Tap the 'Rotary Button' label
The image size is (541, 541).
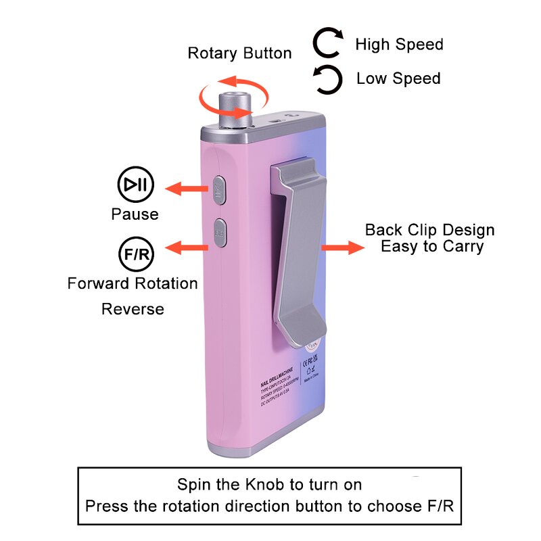click(x=239, y=53)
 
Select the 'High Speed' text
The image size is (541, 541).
click(x=399, y=45)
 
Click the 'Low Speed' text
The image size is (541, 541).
click(x=398, y=78)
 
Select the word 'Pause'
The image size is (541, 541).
click(x=135, y=214)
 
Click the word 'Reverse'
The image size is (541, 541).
click(x=133, y=309)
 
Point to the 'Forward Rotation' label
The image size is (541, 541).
click(x=133, y=283)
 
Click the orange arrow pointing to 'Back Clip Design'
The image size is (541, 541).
click(x=342, y=247)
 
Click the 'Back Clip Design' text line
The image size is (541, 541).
click(x=429, y=230)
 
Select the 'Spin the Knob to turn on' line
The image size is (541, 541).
click(x=269, y=485)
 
